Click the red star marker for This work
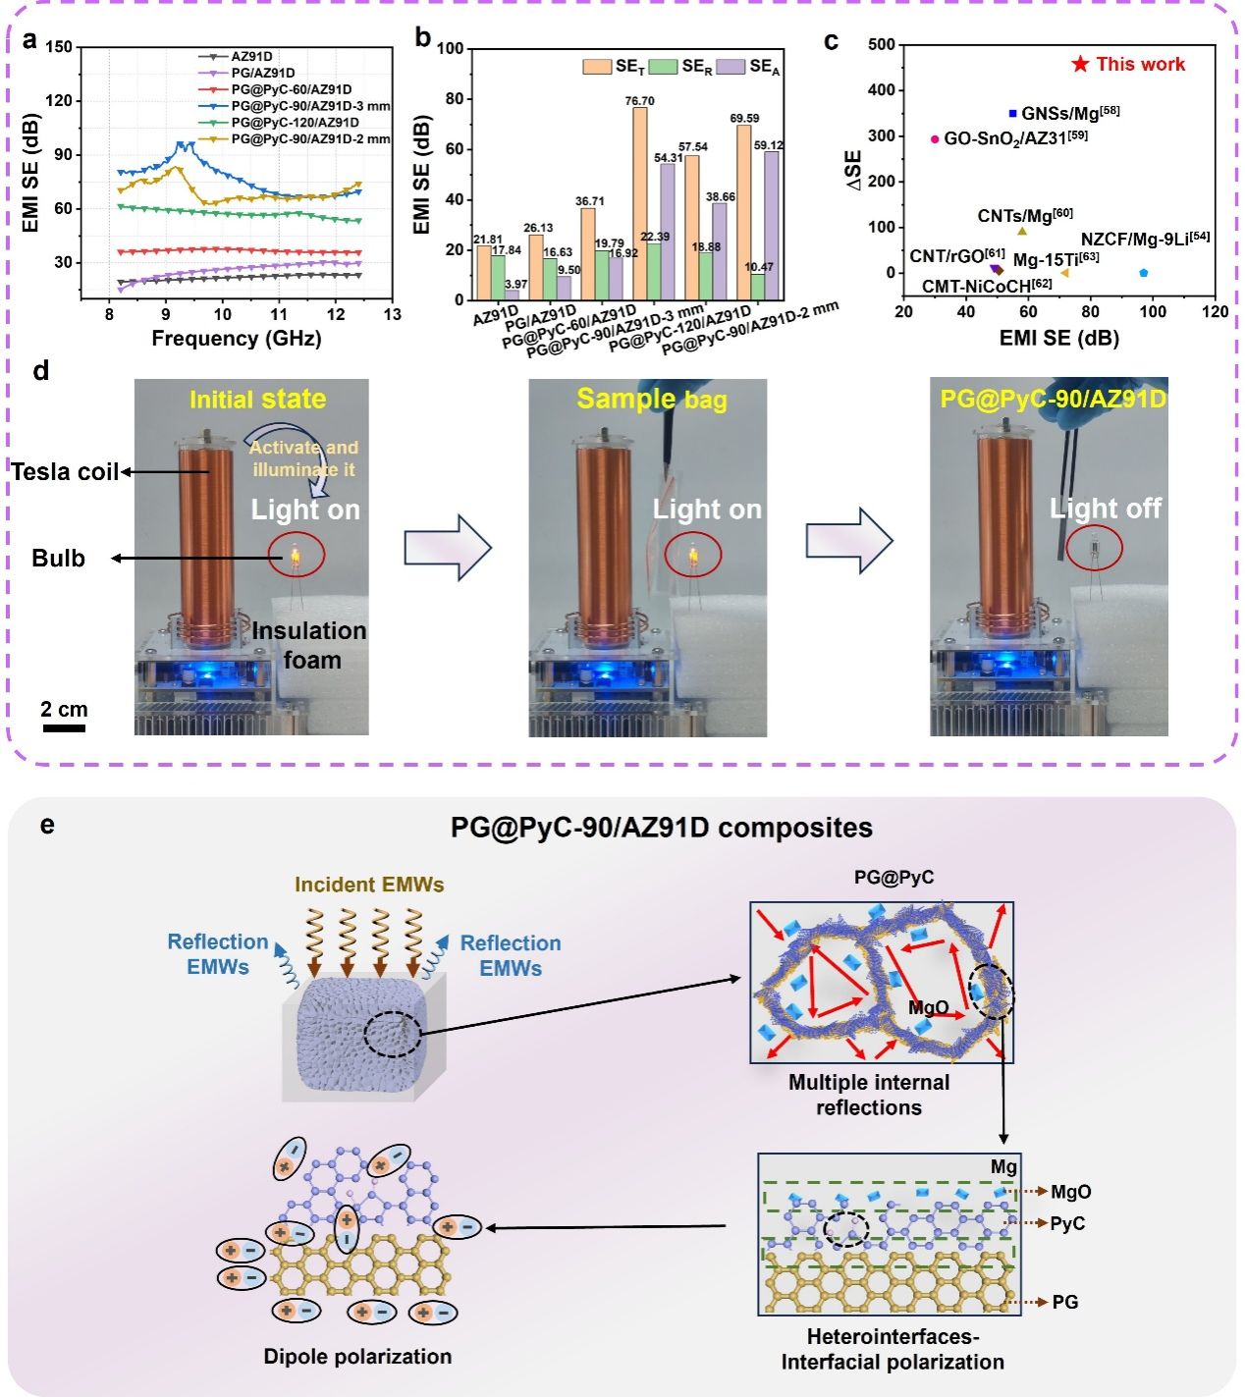click(x=1080, y=64)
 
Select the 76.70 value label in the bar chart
click(x=640, y=100)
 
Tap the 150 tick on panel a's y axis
click(x=59, y=47)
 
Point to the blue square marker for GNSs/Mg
click(x=1013, y=114)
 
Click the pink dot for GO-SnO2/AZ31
click(x=935, y=139)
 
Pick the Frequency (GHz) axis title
click(x=236, y=339)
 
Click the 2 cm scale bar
click(x=64, y=728)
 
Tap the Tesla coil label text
click(x=65, y=472)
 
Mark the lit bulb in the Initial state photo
click(x=294, y=557)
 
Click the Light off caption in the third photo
click(x=1105, y=509)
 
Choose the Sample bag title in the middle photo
click(x=652, y=399)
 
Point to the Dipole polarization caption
click(x=357, y=1356)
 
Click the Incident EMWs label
click(x=369, y=885)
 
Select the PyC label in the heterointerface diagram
click(x=1067, y=1223)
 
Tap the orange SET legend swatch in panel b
click(x=597, y=67)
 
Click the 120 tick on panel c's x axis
click(x=1215, y=311)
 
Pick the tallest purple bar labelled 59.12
click(x=771, y=226)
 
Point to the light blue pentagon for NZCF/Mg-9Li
click(x=1144, y=273)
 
